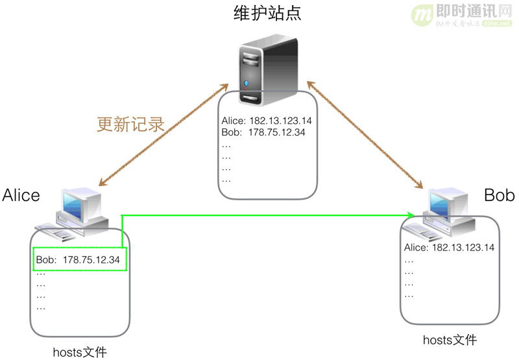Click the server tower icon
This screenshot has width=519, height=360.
(x=266, y=71)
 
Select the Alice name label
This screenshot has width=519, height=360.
(x=21, y=195)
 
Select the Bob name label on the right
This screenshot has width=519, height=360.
(x=499, y=195)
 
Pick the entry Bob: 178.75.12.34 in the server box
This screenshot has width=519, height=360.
(x=263, y=133)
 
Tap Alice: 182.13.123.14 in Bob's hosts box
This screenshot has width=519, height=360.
(x=449, y=248)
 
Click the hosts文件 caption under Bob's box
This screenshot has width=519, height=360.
(x=450, y=340)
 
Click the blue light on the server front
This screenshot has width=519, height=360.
(x=247, y=85)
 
